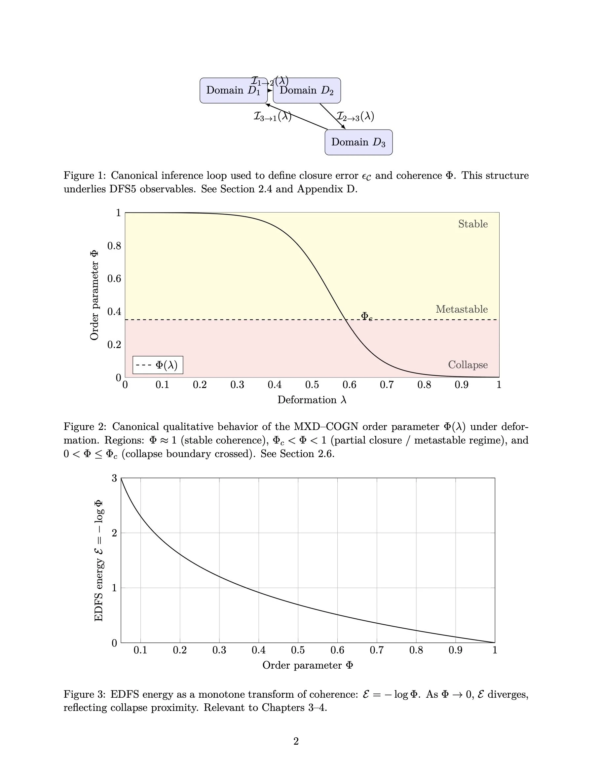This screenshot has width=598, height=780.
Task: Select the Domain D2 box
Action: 307,91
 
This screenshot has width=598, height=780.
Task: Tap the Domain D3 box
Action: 358,142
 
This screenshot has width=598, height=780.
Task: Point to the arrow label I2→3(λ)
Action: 355,116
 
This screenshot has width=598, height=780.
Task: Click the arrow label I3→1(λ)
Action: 272,116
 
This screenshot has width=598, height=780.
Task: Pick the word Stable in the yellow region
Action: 473,224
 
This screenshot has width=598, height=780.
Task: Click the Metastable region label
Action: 462,309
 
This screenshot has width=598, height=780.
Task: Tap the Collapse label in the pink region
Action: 468,365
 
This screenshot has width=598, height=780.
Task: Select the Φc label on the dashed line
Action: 366,316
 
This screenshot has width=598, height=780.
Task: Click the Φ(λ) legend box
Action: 158,365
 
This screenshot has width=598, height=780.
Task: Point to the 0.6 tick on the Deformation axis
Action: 349,385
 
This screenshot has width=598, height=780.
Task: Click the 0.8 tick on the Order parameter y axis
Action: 114,246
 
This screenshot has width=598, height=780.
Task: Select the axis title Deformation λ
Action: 312,400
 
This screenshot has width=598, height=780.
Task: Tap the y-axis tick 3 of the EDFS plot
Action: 114,478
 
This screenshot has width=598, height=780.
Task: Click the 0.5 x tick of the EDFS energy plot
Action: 298,650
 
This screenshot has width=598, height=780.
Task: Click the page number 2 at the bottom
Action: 296,741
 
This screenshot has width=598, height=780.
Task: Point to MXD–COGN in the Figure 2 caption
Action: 326,426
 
